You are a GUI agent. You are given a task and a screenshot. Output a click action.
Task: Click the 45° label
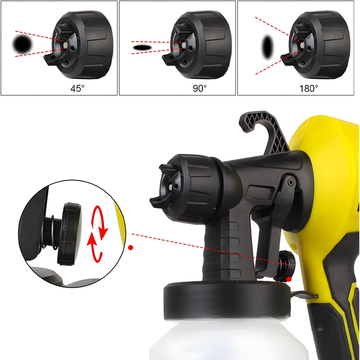[78, 88]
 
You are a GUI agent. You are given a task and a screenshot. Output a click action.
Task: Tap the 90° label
[200, 88]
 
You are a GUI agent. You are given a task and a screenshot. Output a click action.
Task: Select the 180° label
[309, 88]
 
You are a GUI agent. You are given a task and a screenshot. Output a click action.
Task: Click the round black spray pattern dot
[22, 44]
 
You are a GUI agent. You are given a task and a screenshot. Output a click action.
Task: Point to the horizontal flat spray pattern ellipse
[142, 48]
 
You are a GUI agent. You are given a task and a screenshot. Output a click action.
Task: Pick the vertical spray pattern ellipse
[268, 47]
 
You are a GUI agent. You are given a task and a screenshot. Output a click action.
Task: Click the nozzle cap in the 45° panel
[79, 44]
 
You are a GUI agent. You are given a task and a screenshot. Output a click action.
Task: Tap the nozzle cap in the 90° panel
[197, 44]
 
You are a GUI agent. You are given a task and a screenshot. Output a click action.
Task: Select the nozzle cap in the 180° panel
[316, 44]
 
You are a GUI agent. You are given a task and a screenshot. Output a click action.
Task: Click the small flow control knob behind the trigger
[286, 265]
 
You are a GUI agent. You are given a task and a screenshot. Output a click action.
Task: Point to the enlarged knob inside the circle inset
[69, 234]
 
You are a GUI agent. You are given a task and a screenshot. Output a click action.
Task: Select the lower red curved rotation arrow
[94, 247]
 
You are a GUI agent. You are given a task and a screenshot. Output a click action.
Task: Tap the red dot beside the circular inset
[130, 247]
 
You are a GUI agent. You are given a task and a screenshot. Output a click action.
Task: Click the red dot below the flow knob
[289, 280]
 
